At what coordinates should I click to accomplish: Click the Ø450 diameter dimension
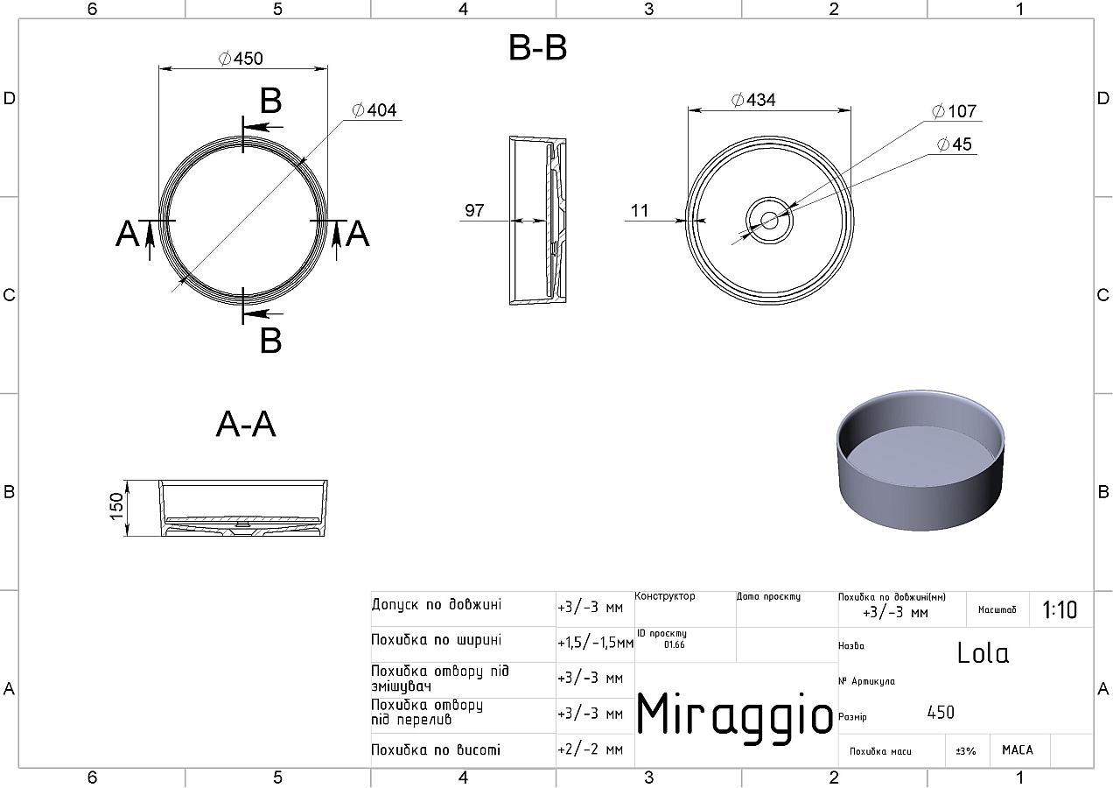click(241, 59)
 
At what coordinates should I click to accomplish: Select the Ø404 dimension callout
click(374, 109)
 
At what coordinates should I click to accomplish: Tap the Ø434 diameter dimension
click(753, 100)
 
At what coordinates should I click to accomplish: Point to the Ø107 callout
click(954, 111)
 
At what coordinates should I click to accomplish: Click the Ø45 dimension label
click(954, 144)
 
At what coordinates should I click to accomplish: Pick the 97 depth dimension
click(474, 210)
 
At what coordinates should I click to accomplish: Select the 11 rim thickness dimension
click(640, 211)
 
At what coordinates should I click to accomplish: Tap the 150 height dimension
click(116, 506)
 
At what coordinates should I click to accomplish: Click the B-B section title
click(537, 48)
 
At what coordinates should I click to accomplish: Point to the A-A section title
click(246, 425)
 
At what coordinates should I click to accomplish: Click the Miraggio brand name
click(734, 714)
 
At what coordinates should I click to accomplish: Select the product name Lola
click(983, 653)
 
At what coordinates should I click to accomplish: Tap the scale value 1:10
click(1060, 609)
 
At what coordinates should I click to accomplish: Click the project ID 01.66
click(675, 644)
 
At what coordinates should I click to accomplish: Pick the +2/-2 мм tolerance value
click(591, 749)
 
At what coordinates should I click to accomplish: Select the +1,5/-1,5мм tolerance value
click(595, 643)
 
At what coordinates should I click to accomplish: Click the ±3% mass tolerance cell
click(966, 750)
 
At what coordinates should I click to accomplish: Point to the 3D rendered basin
click(920, 461)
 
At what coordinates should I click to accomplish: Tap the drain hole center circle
click(769, 221)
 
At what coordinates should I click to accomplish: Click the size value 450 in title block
click(941, 713)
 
